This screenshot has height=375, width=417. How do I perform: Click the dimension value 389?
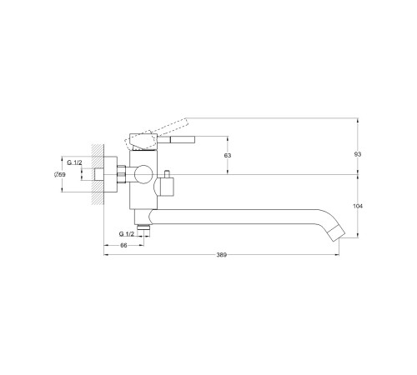click(x=222, y=255)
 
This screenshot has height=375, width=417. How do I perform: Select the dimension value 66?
click(x=123, y=245)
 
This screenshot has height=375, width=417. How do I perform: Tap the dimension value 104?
click(x=358, y=206)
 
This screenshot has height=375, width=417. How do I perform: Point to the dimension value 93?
click(x=358, y=154)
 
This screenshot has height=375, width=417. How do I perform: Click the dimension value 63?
click(x=228, y=155)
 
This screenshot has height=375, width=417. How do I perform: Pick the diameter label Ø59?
click(x=60, y=174)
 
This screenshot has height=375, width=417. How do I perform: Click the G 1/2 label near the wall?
click(x=74, y=162)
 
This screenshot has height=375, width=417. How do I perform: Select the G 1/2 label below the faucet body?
click(x=127, y=234)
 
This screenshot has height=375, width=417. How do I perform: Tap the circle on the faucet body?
click(x=143, y=174)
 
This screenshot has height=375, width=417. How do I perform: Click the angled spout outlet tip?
click(x=337, y=233)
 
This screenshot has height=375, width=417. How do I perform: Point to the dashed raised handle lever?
click(x=157, y=132)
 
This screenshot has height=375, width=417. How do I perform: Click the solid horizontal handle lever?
click(x=176, y=140)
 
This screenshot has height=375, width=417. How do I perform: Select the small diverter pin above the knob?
click(x=168, y=174)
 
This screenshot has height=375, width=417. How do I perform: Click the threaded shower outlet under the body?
click(x=143, y=227)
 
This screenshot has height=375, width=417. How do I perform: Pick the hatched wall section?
click(x=98, y=174)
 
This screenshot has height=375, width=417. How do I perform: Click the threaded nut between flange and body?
click(x=122, y=174)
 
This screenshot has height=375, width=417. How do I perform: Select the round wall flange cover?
click(x=110, y=174)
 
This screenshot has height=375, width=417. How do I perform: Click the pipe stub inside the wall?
click(x=99, y=174)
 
